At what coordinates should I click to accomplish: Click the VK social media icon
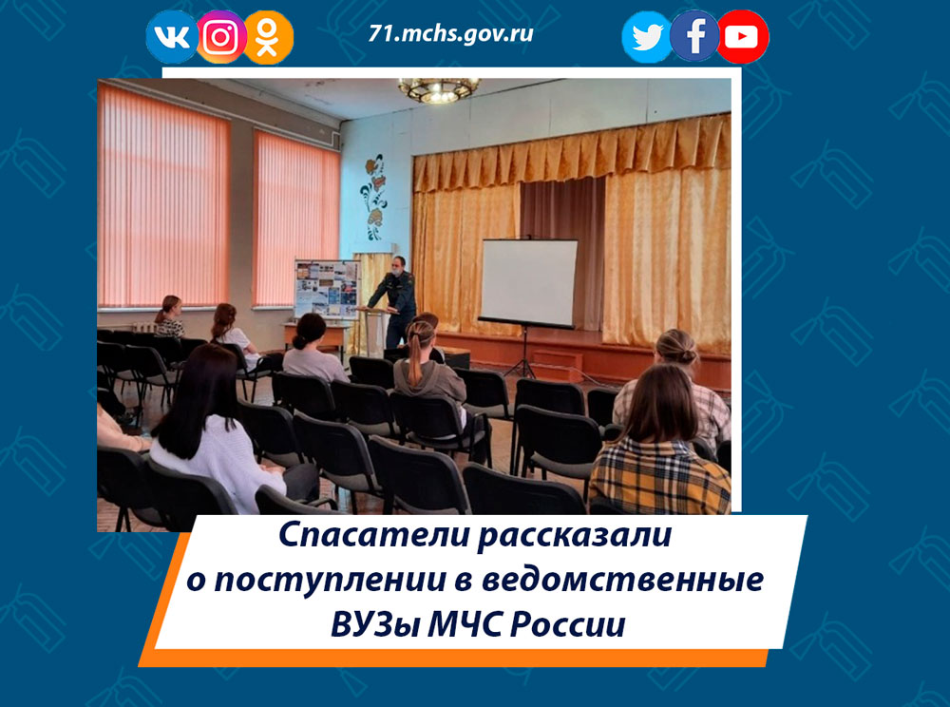tap(171, 37)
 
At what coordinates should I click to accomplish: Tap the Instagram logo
tap(220, 37)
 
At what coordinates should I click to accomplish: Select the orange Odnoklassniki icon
tap(269, 37)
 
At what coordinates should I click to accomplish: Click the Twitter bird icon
tap(647, 38)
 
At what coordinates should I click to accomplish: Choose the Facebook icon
tap(694, 36)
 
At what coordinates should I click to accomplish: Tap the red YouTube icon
tap(742, 37)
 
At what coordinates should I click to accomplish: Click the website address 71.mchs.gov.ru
tap(450, 34)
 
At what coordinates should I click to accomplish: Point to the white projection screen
tap(527, 282)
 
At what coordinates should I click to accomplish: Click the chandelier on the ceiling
tap(438, 89)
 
